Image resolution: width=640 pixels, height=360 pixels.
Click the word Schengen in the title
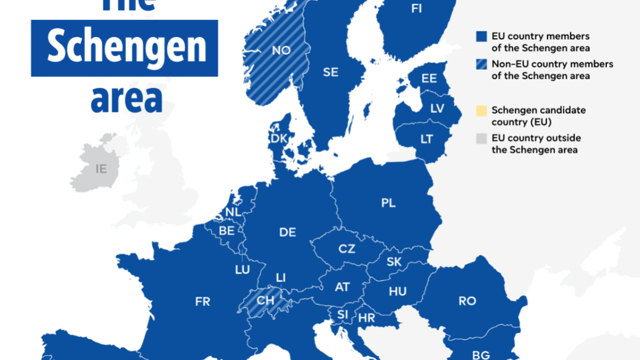[x=126, y=48]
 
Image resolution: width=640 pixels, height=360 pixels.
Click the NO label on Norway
[x=281, y=50]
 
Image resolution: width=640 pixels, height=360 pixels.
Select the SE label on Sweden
[x=330, y=73]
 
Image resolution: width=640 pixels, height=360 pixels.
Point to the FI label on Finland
[x=417, y=8]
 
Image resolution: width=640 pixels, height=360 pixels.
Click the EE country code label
[x=429, y=79]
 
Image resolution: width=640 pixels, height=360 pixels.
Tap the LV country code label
[x=437, y=109]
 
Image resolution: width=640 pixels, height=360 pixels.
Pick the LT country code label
[x=426, y=140]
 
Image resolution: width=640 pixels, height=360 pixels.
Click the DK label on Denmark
[x=279, y=138]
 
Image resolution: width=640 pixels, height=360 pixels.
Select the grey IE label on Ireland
[x=101, y=169]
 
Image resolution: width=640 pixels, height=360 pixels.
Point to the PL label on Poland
[x=388, y=203]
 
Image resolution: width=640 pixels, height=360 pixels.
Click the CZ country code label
[x=347, y=249]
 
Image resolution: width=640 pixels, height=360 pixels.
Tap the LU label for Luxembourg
[x=242, y=270]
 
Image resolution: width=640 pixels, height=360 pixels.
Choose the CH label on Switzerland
[x=265, y=301]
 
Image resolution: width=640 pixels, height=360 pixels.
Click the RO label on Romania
[x=467, y=301]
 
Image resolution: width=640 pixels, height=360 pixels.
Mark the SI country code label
[x=342, y=315]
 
